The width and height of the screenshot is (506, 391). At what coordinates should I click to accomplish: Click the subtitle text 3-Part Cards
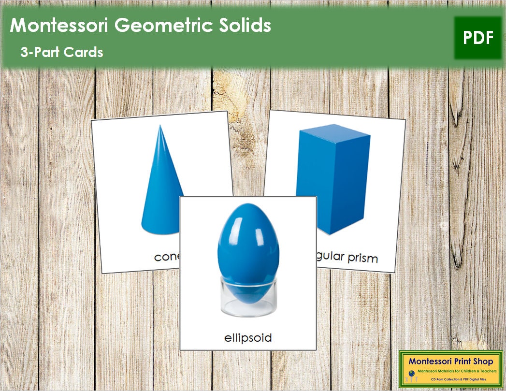click(61, 52)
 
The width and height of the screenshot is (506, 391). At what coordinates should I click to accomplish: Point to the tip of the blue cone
click(159, 127)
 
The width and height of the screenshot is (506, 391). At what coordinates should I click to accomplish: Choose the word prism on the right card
click(362, 258)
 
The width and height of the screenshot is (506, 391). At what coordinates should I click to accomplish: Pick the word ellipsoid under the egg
click(248, 337)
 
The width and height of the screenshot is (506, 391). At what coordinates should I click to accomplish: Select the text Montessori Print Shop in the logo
click(450, 361)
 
